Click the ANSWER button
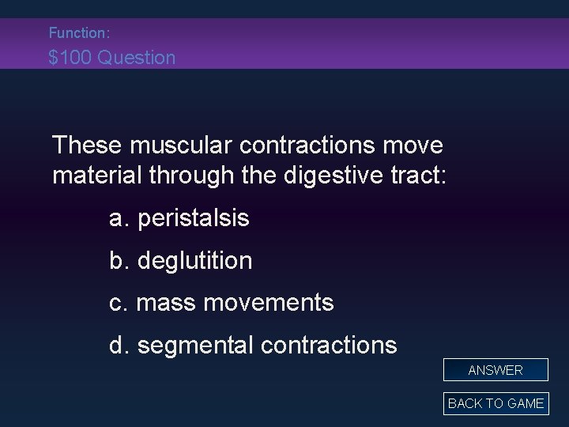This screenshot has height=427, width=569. click(496, 370)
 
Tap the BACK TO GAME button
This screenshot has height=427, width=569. click(496, 403)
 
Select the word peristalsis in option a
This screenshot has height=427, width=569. click(194, 219)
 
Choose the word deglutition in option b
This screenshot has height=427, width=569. click(195, 261)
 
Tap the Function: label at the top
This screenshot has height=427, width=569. click(79, 33)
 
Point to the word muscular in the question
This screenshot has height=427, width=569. click(183, 145)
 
